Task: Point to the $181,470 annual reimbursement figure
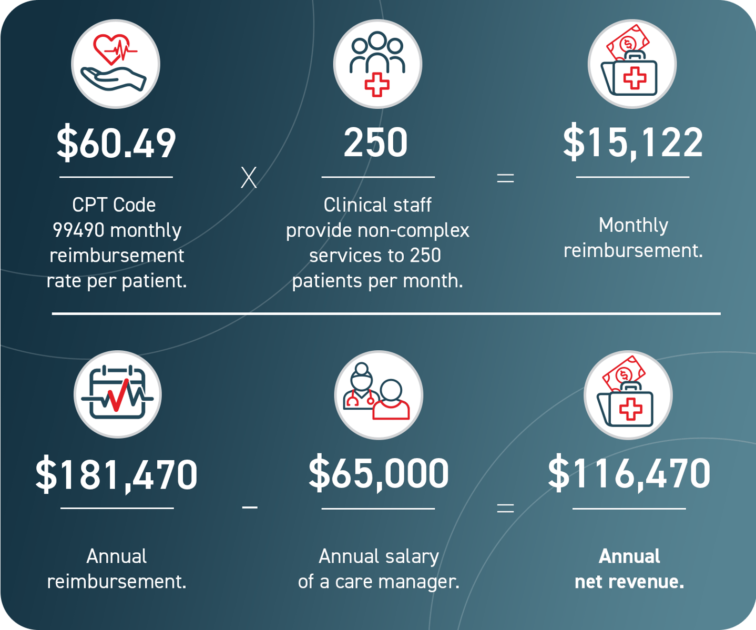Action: coord(116,475)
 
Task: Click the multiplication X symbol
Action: coord(249,178)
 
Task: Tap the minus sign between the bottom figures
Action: coord(249,507)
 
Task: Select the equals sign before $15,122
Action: coord(505,178)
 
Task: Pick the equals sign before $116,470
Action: coord(505,508)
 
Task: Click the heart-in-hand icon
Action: coord(116,64)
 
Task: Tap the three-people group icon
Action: coord(377,64)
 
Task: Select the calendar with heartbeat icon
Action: coord(117,394)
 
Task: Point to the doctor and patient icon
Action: coord(378,394)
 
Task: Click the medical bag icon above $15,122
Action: coord(632,64)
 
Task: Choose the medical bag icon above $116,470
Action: coord(628,394)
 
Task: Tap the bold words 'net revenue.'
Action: coord(629,582)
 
